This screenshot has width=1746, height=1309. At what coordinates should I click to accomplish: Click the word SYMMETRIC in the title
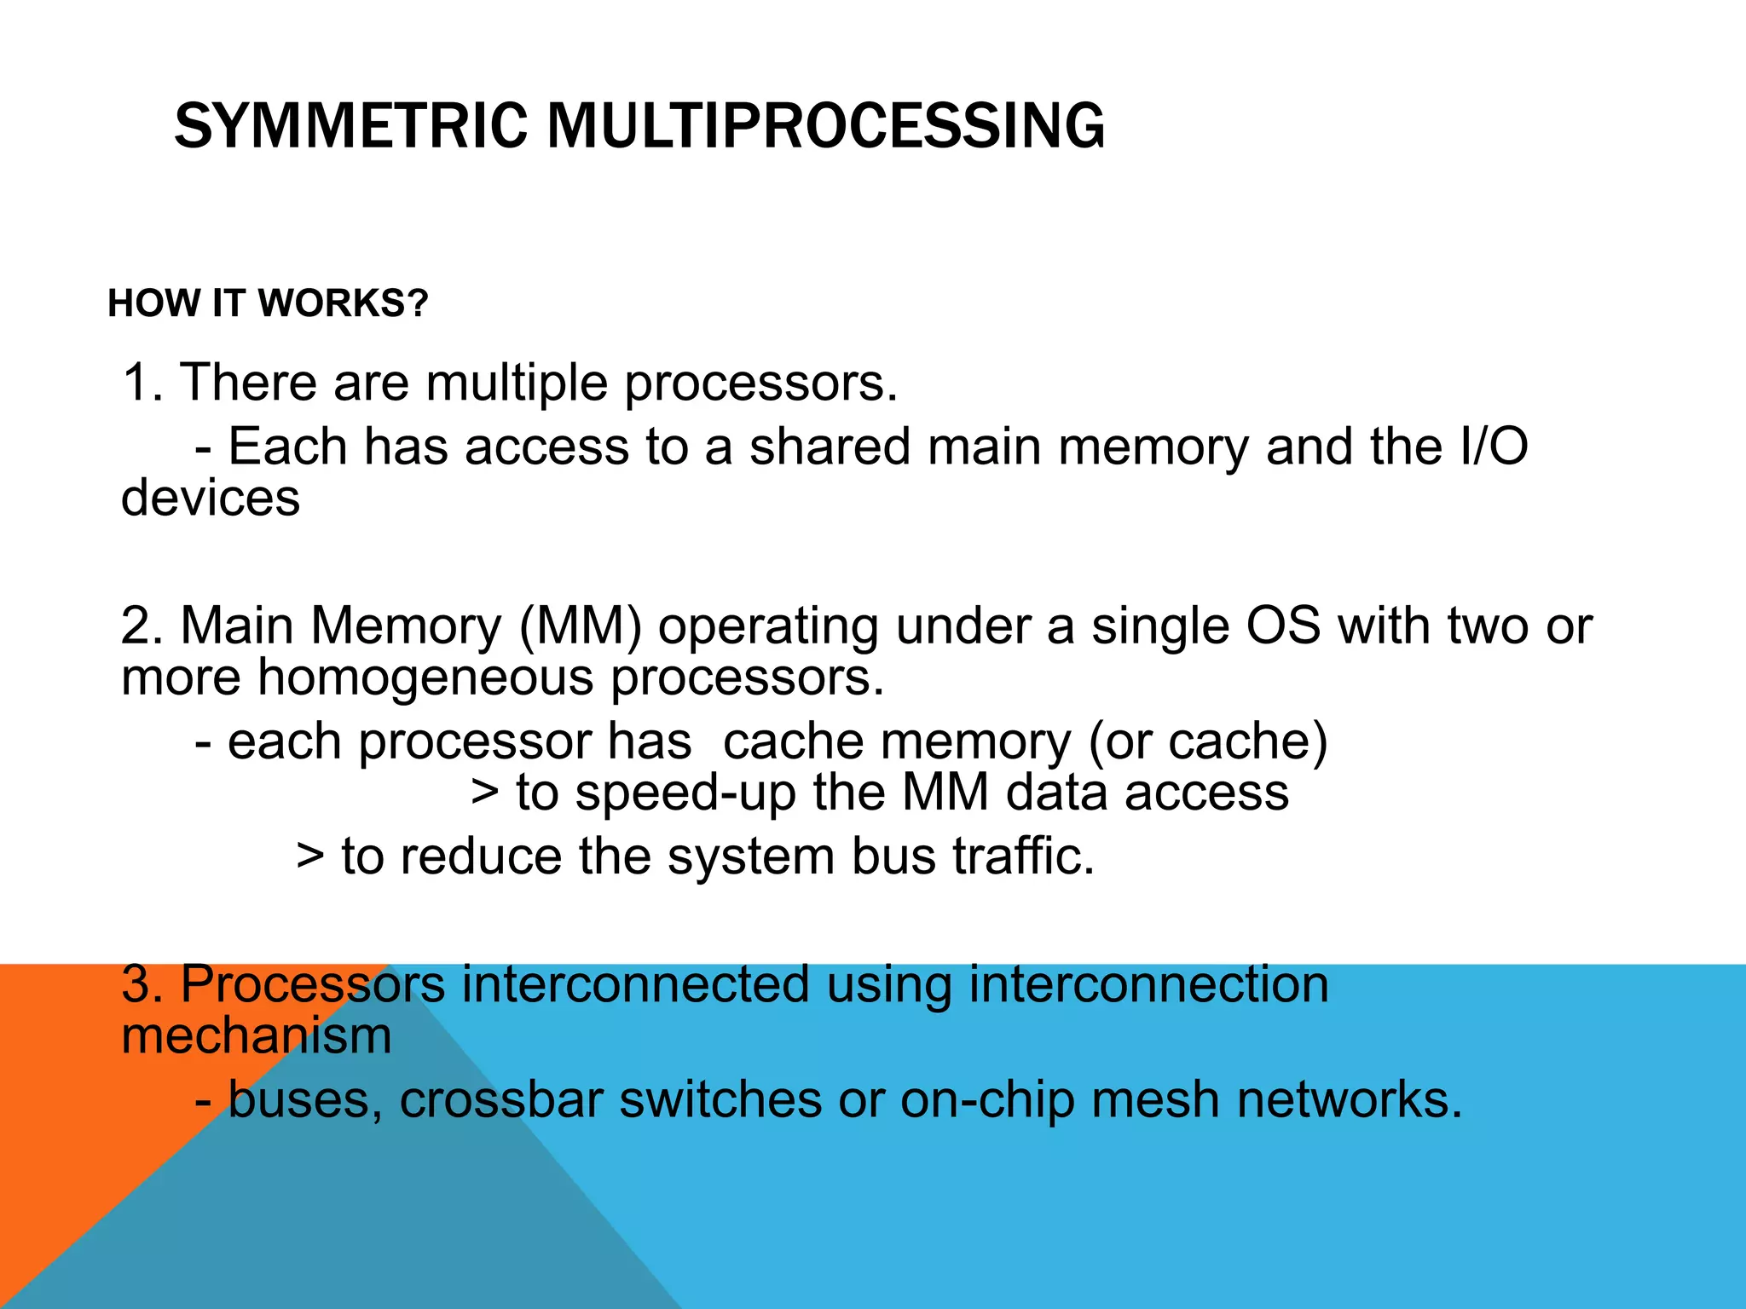click(x=351, y=126)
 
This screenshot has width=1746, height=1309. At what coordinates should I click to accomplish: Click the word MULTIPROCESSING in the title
click(x=825, y=126)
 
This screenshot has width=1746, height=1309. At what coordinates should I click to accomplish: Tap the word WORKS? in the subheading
click(x=343, y=303)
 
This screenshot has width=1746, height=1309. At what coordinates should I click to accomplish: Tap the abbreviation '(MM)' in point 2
click(x=580, y=626)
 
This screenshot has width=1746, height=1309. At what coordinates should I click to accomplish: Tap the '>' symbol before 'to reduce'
click(x=310, y=856)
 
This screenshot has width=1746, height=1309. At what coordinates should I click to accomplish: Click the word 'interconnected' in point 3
click(x=635, y=984)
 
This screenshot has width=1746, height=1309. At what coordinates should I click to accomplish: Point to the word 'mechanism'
click(x=257, y=1036)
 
